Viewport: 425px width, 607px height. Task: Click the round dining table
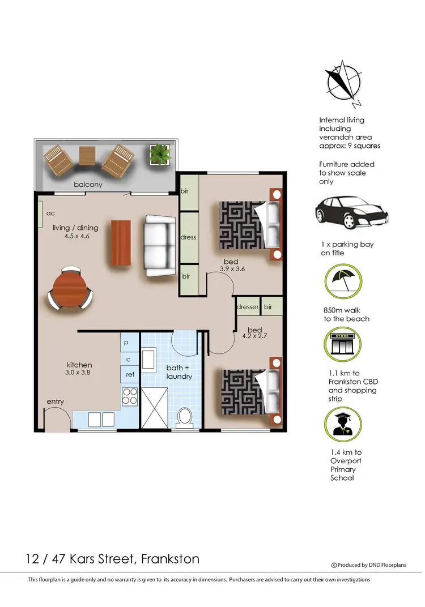tap(71, 288)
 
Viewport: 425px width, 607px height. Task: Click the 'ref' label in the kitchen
tap(130, 374)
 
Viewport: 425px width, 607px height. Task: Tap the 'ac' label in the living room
tap(50, 213)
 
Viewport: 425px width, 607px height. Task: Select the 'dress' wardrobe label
tap(189, 237)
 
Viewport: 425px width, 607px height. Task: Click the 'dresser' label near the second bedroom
tap(248, 307)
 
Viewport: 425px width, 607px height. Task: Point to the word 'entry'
tap(56, 401)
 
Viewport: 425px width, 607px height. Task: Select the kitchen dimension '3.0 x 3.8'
tap(79, 373)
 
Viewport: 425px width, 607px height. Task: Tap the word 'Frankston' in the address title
tap(169, 559)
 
